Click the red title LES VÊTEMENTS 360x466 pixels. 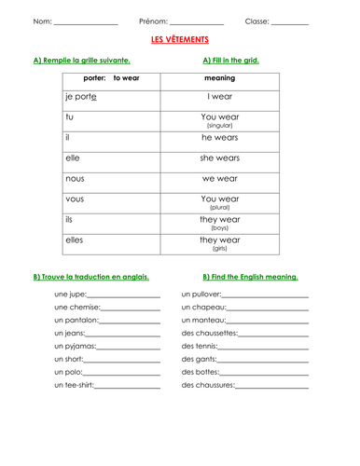(x=180, y=41)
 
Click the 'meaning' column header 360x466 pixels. (x=220, y=78)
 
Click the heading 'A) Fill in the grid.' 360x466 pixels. (x=230, y=60)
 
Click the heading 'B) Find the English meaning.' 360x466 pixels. (x=250, y=277)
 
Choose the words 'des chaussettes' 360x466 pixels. (x=210, y=333)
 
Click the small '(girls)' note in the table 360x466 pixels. (x=220, y=250)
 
